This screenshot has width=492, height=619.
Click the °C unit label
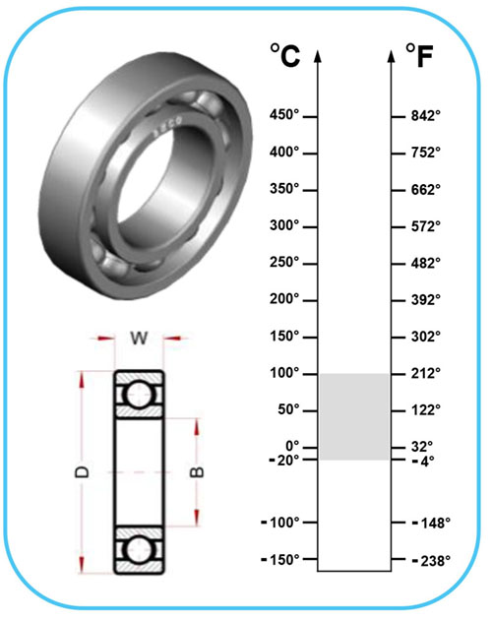pos(285,55)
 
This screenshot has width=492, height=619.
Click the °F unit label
pos(419,56)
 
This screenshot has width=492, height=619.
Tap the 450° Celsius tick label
pos(284,115)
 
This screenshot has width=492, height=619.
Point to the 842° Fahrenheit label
pos(426,116)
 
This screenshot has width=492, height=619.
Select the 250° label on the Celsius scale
pos(284,262)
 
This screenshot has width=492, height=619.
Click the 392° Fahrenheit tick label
pos(426,299)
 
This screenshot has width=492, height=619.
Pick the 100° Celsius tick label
pos(284,373)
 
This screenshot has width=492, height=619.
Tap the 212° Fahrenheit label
pos(426,373)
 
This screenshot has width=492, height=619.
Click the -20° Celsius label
pos(284,460)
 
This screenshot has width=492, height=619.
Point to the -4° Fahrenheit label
pos(423,461)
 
